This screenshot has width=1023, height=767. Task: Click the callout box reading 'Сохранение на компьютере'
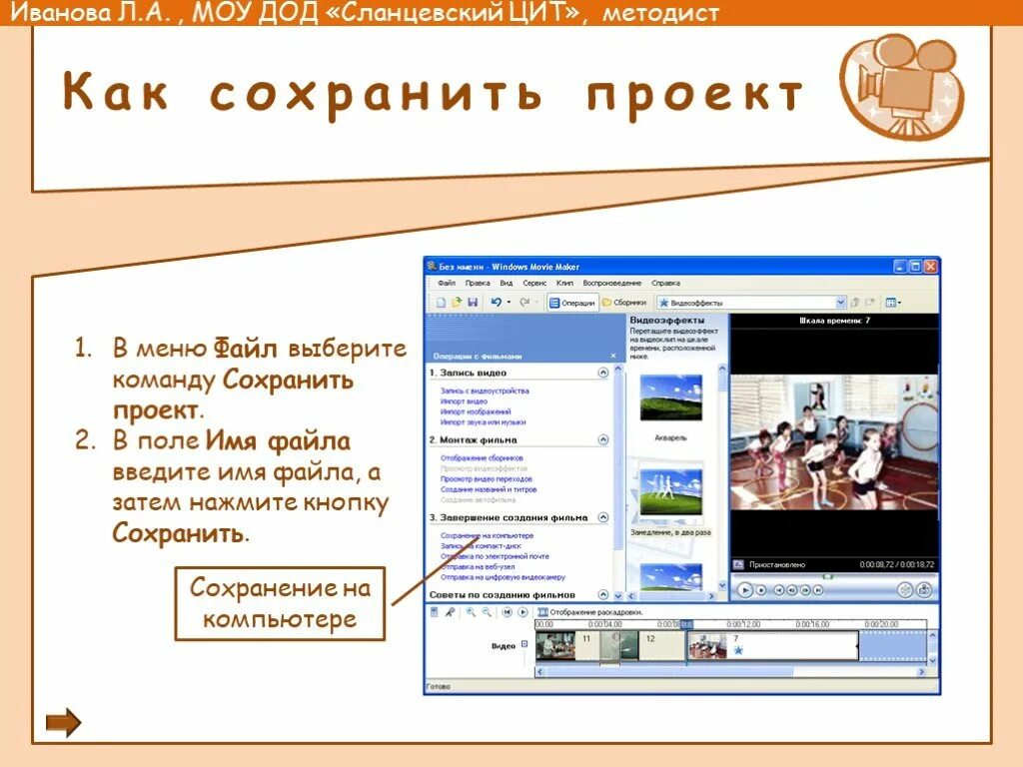click(x=280, y=603)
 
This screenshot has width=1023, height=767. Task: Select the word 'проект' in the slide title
click(x=695, y=94)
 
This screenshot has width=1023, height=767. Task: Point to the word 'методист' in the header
click(x=660, y=13)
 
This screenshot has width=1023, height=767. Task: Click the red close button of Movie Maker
click(x=930, y=267)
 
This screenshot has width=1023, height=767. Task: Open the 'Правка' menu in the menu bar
click(x=478, y=284)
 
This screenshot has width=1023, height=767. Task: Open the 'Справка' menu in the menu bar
click(x=665, y=284)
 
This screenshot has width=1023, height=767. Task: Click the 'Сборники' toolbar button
click(x=624, y=303)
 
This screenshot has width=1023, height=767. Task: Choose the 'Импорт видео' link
click(x=463, y=401)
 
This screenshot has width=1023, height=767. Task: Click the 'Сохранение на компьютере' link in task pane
click(x=487, y=536)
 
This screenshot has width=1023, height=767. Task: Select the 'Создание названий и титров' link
click(x=489, y=490)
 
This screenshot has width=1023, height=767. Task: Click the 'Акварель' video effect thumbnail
click(x=670, y=397)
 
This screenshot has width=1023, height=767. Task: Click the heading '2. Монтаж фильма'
click(x=474, y=439)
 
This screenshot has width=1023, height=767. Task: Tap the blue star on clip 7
click(x=738, y=650)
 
